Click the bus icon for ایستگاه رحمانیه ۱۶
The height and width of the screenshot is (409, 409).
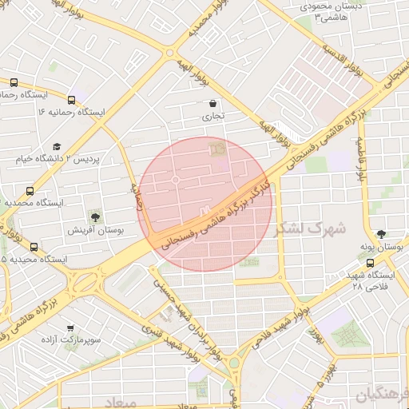(x=72, y=101)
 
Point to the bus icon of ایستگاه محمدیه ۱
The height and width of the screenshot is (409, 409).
(x=30, y=191)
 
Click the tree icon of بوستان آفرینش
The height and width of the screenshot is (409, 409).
(x=96, y=216)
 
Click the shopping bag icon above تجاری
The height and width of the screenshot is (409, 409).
(x=212, y=103)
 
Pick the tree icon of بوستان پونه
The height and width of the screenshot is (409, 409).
(x=383, y=234)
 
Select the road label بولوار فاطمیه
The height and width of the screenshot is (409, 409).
(x=362, y=161)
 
